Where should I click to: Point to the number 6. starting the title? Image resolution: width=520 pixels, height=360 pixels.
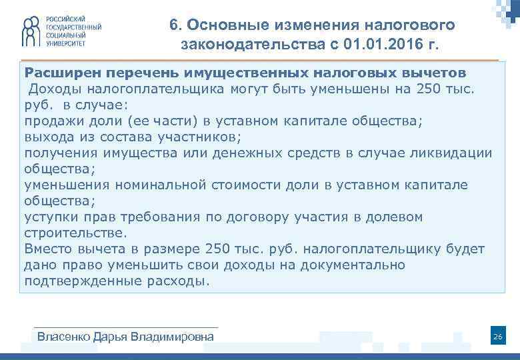(x=175, y=25)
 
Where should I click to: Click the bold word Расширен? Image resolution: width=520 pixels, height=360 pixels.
(x=61, y=71)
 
